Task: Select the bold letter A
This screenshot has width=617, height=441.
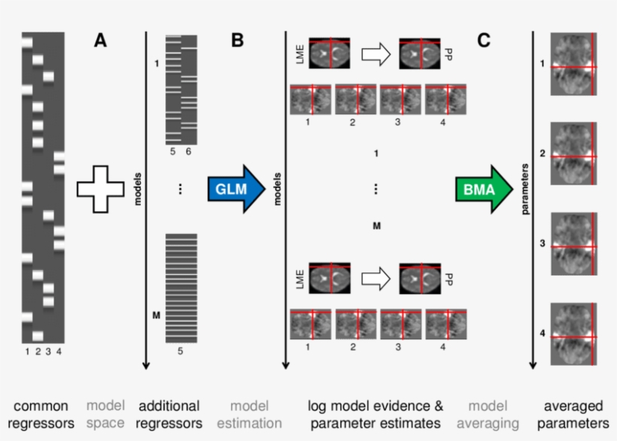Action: coord(100,41)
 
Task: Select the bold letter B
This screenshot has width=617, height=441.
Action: coord(237,41)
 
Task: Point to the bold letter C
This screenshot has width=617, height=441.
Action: coord(484,41)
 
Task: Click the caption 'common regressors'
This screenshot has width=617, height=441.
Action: coord(47,414)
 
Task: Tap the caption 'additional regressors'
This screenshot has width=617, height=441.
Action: coord(171,414)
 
